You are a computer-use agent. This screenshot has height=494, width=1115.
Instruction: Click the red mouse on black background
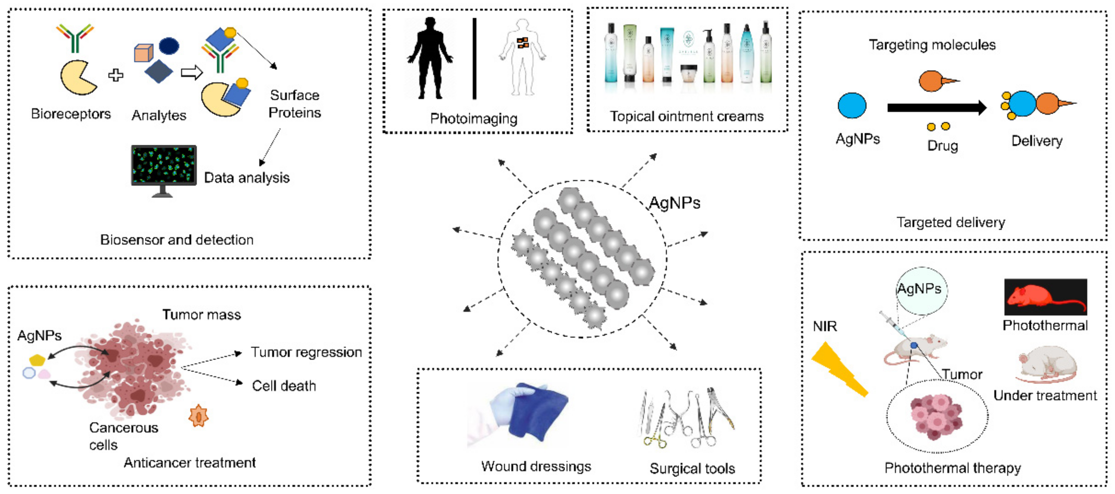coord(1045,297)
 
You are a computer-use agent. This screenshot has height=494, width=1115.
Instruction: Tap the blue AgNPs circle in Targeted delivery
coord(851,105)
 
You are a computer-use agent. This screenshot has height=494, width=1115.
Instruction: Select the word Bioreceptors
coord(71,114)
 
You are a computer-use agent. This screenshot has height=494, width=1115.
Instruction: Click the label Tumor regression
coord(306,352)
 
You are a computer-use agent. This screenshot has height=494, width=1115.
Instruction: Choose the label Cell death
coord(284,386)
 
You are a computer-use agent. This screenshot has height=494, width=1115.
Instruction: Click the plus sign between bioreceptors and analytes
coord(116,75)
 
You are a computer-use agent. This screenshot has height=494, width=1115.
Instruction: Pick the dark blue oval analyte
coord(169,45)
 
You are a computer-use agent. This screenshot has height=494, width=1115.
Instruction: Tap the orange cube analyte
coord(143,53)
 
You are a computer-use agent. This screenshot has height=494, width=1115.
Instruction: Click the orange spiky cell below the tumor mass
coord(199,416)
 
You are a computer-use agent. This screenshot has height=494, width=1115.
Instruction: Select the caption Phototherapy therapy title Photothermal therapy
coord(952,468)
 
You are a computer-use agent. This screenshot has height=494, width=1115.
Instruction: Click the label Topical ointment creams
coord(687,116)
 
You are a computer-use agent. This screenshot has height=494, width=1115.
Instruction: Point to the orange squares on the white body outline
coord(523,42)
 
